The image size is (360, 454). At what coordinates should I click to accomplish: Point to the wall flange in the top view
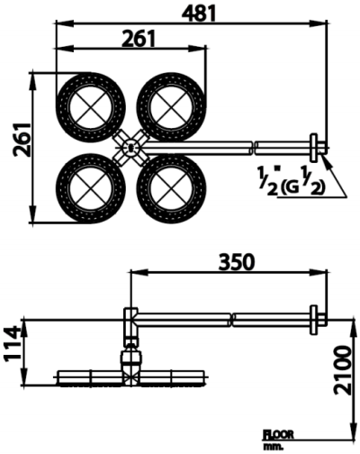(315, 145)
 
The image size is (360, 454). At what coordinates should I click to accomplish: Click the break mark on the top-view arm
(256, 144)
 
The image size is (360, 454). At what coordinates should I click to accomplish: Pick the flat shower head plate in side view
(131, 377)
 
